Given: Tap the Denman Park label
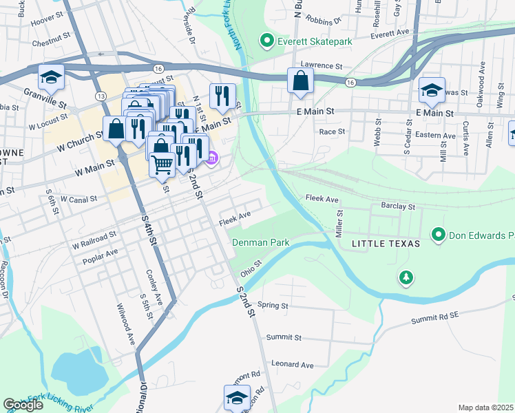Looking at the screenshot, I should tap(260, 242).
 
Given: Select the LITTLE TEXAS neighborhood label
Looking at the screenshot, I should tap(381, 244).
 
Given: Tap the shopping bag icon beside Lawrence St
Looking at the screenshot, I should tap(301, 81).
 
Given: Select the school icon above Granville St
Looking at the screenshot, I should tap(51, 78).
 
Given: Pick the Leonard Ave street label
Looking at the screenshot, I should tap(292, 364).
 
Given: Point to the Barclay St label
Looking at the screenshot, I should tap(398, 206).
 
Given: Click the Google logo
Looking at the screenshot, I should tap(23, 405).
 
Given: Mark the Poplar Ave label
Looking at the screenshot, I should tap(100, 253).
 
